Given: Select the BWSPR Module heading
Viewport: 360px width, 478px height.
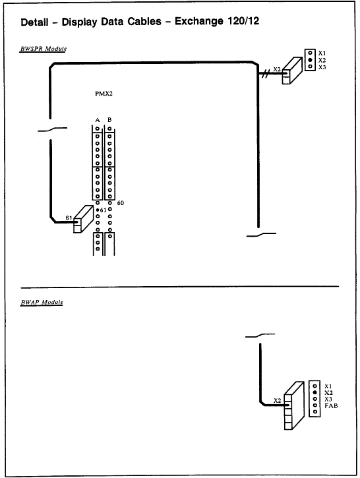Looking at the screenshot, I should pos(44,49).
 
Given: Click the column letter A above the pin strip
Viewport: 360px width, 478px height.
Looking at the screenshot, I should pos(98,119).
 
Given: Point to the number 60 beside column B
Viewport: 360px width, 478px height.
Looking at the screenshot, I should pos(121,203).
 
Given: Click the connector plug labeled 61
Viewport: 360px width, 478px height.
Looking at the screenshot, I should pos(83,220).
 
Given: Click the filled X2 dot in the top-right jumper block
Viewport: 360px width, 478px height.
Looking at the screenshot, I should pos(309,59).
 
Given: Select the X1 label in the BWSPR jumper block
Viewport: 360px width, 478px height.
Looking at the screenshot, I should pos(322,52).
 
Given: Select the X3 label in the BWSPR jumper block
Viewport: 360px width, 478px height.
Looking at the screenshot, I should pos(322,67).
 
